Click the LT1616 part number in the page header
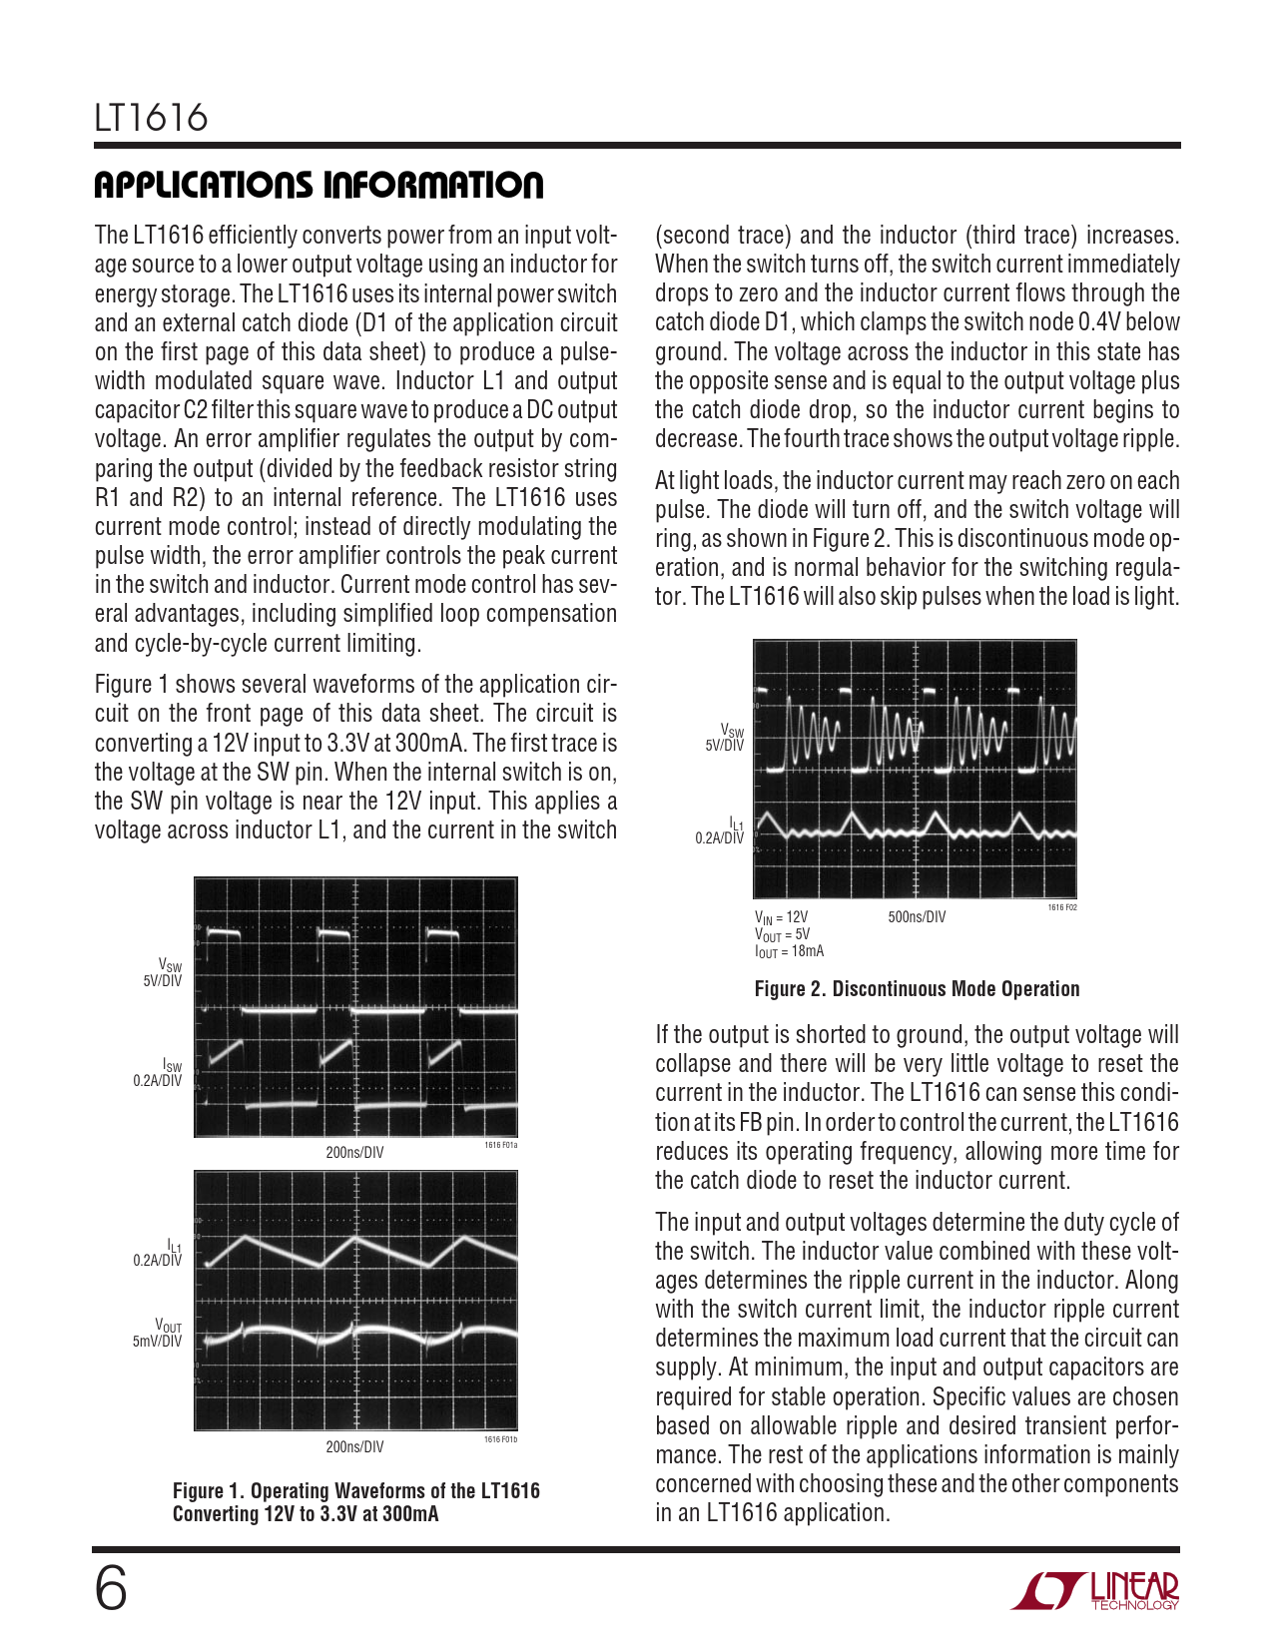click(151, 119)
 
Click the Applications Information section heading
click(318, 186)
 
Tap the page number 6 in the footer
click(111, 1589)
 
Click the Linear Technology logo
click(1095, 1591)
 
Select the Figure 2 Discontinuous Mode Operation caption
click(917, 989)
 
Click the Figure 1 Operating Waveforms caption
click(355, 1502)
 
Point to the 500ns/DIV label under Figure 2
click(917, 917)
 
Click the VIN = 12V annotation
click(781, 917)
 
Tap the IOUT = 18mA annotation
click(789, 952)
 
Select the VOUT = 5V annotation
click(782, 935)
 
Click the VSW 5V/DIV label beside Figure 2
click(725, 739)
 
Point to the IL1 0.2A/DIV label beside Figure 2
click(720, 831)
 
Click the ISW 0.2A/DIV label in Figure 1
click(158, 1074)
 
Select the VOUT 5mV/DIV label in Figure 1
click(158, 1335)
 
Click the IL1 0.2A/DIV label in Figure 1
click(158, 1254)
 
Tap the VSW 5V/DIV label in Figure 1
click(163, 973)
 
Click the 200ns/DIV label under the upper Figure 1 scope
click(354, 1153)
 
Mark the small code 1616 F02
click(1062, 907)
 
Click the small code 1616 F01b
click(500, 1439)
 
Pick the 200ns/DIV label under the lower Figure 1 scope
click(354, 1447)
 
